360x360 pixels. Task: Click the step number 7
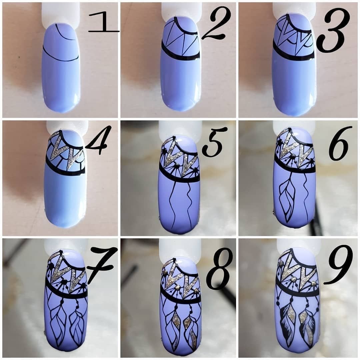tap(101, 264)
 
